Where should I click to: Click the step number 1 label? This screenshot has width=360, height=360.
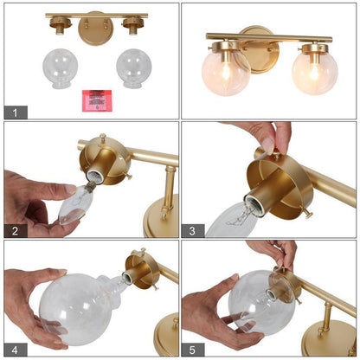(16, 112)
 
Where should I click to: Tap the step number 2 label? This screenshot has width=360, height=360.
(16, 231)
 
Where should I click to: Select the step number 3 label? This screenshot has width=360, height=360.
(193, 231)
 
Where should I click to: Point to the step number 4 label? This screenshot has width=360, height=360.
(16, 350)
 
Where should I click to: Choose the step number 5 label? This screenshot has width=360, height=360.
(193, 350)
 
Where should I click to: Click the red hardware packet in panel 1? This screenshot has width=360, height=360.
(97, 100)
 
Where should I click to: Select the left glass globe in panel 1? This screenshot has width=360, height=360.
(61, 68)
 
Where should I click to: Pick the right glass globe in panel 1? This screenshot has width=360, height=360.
(134, 68)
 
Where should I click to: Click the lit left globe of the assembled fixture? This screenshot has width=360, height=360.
(226, 72)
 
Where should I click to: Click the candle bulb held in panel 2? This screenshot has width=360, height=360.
(76, 204)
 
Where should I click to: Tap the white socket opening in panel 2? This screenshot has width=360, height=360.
(93, 175)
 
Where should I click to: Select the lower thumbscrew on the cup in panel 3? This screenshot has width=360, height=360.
(309, 215)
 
